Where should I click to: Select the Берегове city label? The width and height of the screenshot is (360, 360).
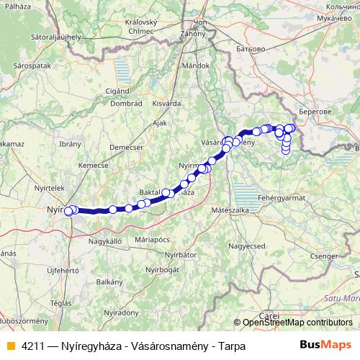(x=314, y=112)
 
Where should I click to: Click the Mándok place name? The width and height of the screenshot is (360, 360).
(x=194, y=65)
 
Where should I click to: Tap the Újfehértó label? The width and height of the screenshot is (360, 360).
(x=62, y=270)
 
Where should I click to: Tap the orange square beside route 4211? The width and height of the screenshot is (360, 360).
(x=10, y=345)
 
